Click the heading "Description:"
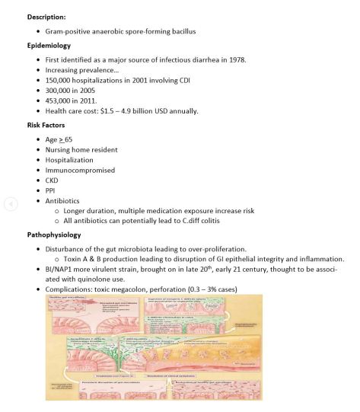click(48, 16)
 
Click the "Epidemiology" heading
click(49, 45)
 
